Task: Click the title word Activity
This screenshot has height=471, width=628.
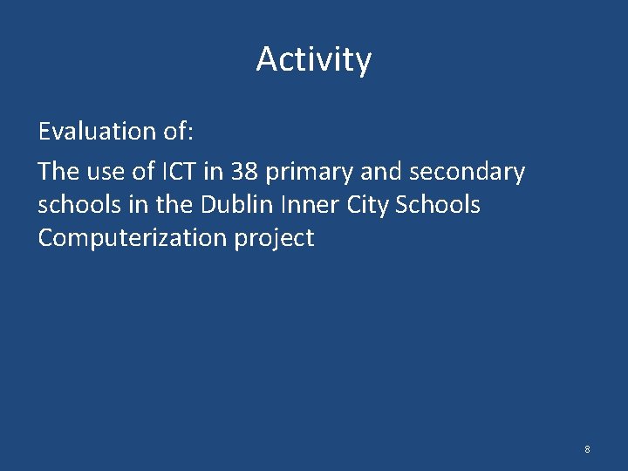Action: [x=314, y=60]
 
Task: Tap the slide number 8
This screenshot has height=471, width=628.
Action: [x=587, y=449]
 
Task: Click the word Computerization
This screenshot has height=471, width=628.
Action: [x=132, y=239]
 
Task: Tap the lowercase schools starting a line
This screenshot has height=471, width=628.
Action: [x=77, y=205]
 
